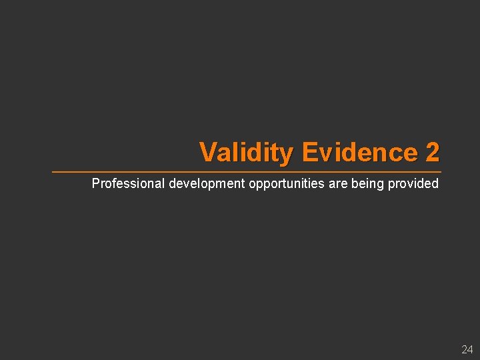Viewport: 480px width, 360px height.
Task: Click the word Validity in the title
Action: (x=246, y=153)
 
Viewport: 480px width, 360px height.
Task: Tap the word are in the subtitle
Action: (x=339, y=183)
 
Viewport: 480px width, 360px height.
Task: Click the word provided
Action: (x=414, y=183)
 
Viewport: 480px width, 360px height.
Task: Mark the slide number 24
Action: (x=467, y=349)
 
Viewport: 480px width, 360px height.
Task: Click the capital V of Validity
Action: (x=207, y=152)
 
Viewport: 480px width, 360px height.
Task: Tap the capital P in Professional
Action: (x=95, y=183)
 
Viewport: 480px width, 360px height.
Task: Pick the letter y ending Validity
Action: (x=287, y=155)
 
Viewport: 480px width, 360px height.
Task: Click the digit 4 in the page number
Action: (x=470, y=349)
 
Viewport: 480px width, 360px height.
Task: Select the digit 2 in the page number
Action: (x=464, y=349)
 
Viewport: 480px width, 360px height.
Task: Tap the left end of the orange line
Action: (x=53, y=172)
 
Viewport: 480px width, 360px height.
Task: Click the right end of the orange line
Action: (x=440, y=172)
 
